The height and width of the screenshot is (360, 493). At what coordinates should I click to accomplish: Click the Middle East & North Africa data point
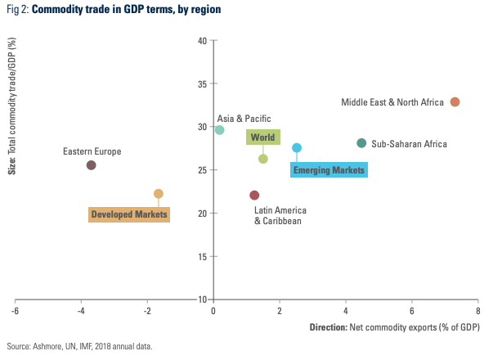[455, 102]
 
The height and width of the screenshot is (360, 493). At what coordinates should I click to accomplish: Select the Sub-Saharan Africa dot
[362, 143]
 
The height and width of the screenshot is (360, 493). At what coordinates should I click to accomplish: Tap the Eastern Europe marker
[92, 165]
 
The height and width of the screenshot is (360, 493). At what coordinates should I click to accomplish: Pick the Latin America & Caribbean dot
[254, 196]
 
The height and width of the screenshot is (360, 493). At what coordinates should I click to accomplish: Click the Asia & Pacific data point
[219, 130]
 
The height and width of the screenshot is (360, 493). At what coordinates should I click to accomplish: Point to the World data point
[263, 159]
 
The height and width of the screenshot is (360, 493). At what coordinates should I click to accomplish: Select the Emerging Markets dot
[297, 148]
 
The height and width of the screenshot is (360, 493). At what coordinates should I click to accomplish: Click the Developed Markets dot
[159, 194]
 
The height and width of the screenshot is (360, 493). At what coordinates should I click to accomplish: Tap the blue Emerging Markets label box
[329, 170]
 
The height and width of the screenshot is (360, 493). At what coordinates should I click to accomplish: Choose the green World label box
[263, 137]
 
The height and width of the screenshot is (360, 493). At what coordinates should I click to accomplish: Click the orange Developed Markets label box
[129, 214]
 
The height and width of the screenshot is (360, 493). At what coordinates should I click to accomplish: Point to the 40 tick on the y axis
[201, 41]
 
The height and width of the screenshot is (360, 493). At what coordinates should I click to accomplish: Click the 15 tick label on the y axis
[201, 256]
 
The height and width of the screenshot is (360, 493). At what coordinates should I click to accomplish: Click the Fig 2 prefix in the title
[15, 10]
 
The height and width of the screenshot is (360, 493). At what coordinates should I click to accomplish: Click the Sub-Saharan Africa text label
[409, 144]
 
